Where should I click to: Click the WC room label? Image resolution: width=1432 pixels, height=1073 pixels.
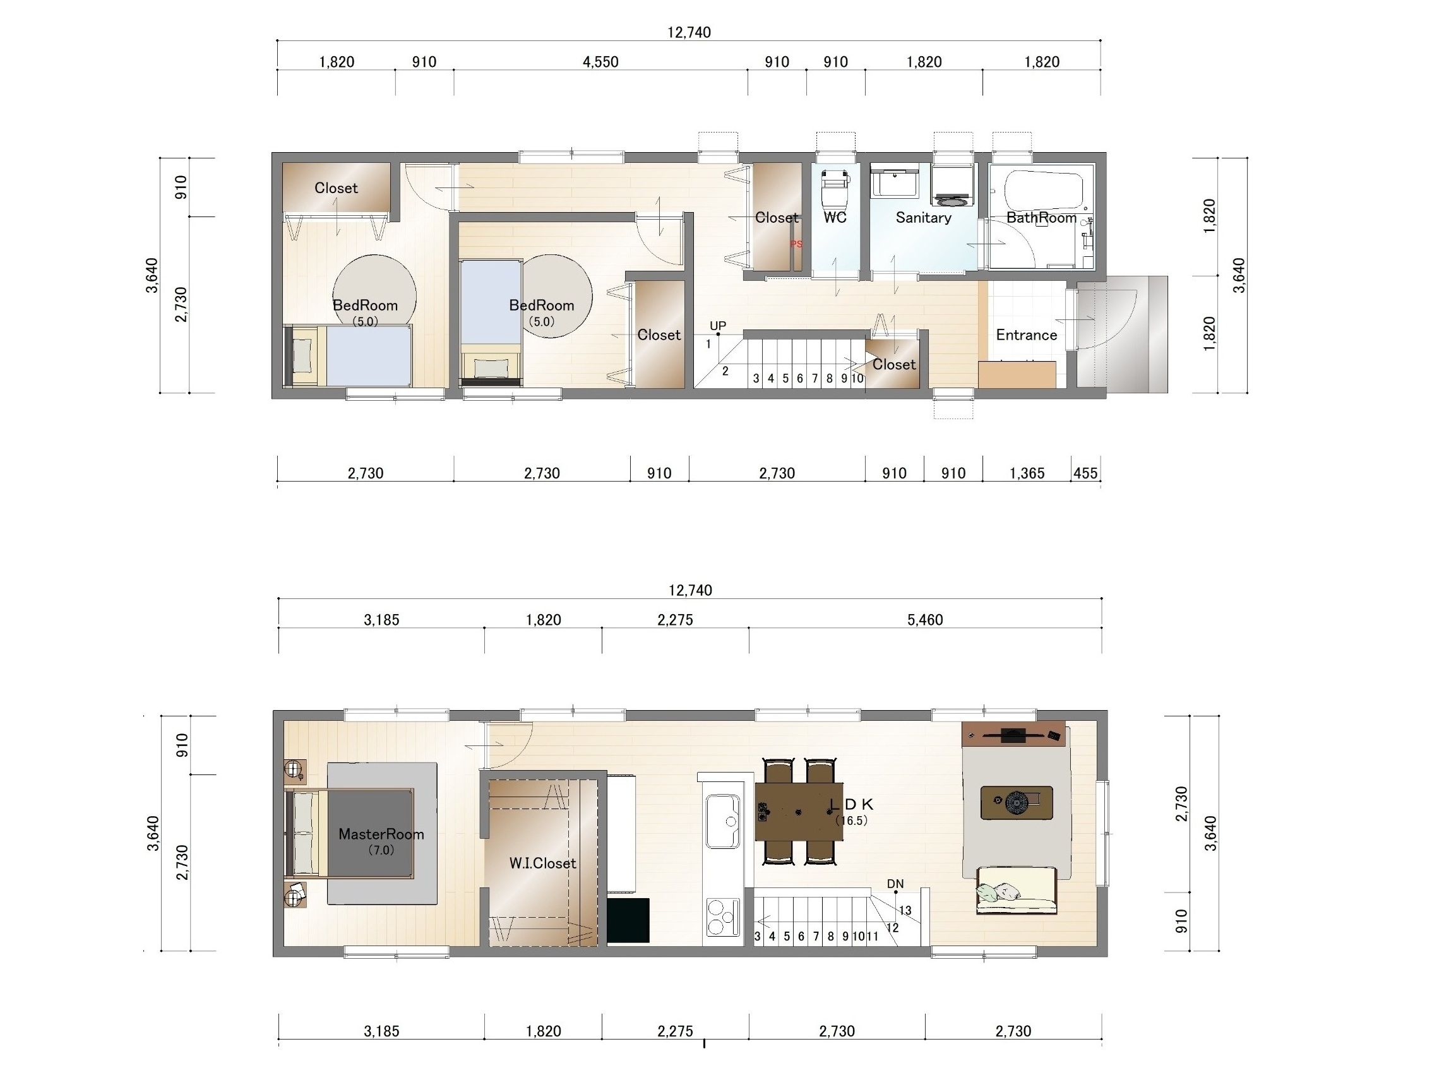click(835, 218)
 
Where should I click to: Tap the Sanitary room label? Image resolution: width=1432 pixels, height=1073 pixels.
click(923, 218)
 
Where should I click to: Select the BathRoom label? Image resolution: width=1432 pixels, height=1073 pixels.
click(1041, 218)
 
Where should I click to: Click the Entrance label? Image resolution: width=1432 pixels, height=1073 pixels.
click(1026, 335)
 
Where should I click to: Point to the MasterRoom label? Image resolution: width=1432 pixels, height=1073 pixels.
click(381, 834)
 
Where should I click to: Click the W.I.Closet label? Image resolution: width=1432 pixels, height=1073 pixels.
click(542, 863)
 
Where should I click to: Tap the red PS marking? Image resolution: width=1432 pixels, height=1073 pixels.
click(796, 244)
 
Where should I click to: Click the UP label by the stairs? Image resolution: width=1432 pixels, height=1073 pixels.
click(717, 326)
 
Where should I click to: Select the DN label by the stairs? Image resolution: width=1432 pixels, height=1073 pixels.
click(895, 884)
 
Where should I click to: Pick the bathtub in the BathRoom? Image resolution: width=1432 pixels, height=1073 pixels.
click(1043, 189)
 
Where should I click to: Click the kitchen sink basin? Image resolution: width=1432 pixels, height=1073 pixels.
click(722, 821)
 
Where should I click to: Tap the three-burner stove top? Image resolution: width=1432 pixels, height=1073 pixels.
click(722, 918)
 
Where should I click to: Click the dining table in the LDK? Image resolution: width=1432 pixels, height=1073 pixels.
click(799, 812)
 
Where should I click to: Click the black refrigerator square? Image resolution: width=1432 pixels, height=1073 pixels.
click(628, 920)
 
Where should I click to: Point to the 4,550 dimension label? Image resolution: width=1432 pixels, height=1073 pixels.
click(600, 62)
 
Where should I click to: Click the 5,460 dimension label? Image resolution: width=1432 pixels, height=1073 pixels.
click(924, 620)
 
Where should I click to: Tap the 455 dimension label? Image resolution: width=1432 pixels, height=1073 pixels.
click(1085, 473)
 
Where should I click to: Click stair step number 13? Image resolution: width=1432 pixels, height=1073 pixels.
click(905, 911)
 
